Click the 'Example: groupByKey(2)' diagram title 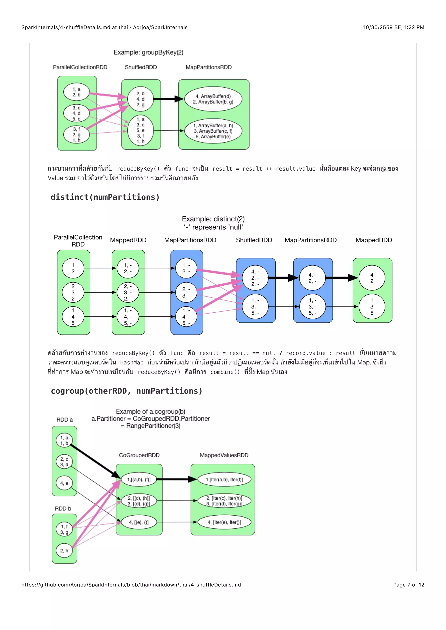pyautogui.click(x=149, y=52)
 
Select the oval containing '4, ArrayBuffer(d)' pyautogui.click(x=213, y=99)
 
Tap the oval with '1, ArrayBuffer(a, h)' pyautogui.click(x=213, y=131)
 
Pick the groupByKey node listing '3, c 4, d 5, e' pyautogui.click(x=76, y=113)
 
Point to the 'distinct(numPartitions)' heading pyautogui.click(x=105, y=197)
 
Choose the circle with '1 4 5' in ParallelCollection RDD pyautogui.click(x=73, y=317)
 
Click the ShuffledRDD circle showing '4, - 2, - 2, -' pyautogui.click(x=255, y=278)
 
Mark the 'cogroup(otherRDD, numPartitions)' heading pyautogui.click(x=127, y=391)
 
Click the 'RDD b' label pyautogui.click(x=63, y=508)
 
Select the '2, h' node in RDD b pyautogui.click(x=64, y=550)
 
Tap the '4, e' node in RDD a pyautogui.click(x=64, y=483)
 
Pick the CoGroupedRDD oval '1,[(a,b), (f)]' pyautogui.click(x=139, y=479)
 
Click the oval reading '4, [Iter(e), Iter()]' pyautogui.click(x=224, y=522)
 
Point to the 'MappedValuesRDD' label pyautogui.click(x=224, y=455)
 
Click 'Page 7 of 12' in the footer pyautogui.click(x=408, y=585)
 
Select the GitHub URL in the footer pyautogui.click(x=131, y=585)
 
